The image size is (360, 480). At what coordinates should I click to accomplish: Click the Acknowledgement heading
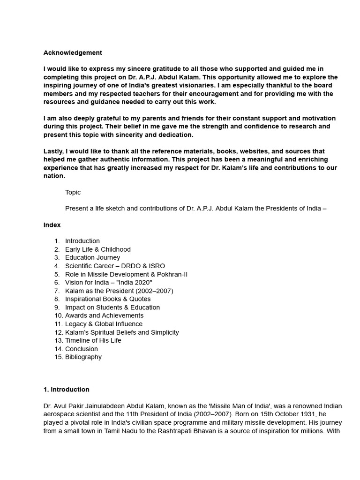[x=73, y=52]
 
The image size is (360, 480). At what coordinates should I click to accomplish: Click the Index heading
[x=52, y=225]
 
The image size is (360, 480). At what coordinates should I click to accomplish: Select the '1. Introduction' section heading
[x=66, y=390]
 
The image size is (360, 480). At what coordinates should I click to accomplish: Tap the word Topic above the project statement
[x=73, y=192]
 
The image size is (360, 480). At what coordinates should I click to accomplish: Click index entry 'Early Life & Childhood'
[x=97, y=249]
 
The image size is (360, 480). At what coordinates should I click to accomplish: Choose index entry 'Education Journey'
[x=92, y=257]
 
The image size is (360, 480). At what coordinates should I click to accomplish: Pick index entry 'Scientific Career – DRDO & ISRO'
[x=115, y=266]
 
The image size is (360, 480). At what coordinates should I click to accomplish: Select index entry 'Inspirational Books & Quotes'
[x=108, y=299]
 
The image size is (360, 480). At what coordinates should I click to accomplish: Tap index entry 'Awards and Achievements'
[x=104, y=315]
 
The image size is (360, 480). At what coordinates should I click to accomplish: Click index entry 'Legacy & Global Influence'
[x=104, y=324]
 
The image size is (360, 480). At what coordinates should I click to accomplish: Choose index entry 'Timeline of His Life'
[x=93, y=340]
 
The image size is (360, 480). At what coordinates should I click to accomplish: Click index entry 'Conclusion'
[x=82, y=349]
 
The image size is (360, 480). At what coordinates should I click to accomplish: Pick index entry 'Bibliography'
[x=83, y=357]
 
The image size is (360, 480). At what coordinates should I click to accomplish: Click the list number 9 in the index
[x=57, y=307]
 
